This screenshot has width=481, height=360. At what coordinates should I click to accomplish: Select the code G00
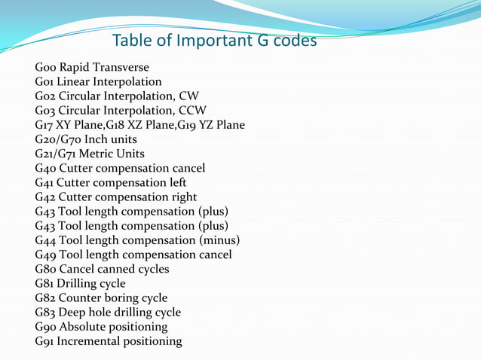pyautogui.click(x=45, y=67)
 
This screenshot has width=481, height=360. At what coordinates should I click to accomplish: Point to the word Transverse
pyautogui.click(x=121, y=67)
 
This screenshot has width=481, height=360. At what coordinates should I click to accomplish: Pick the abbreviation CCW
pyautogui.click(x=192, y=111)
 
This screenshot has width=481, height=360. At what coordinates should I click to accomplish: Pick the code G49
pyautogui.click(x=44, y=255)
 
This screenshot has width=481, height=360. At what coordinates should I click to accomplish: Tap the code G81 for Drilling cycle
pyautogui.click(x=44, y=283)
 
